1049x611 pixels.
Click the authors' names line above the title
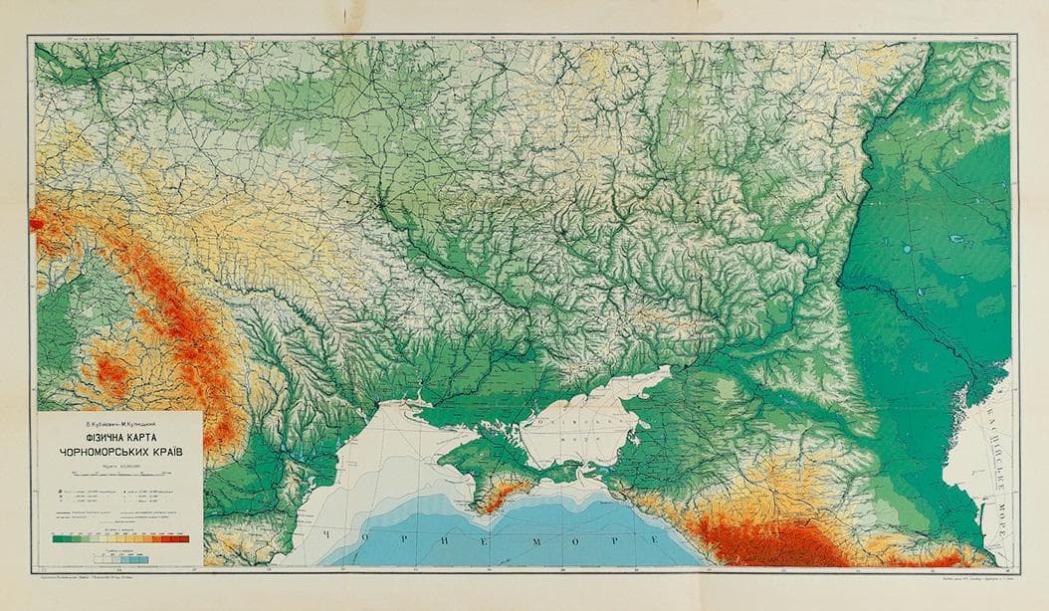(119, 422)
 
